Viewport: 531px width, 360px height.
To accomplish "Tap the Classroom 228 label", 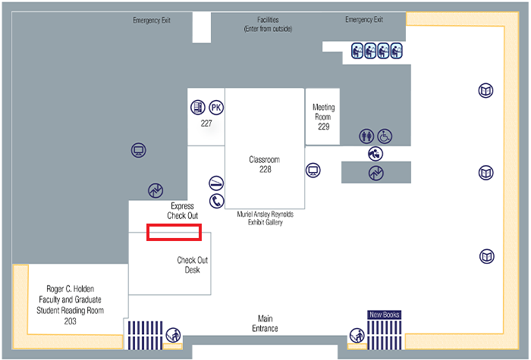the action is (x=265, y=164).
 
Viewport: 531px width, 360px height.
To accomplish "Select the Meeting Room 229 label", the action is (x=323, y=117).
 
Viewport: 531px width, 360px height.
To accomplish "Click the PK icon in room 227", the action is (x=216, y=108).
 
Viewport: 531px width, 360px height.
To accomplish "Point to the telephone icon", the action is (x=216, y=201).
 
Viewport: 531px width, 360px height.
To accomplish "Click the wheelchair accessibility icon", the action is (x=385, y=136).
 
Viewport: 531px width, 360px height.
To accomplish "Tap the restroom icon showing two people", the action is (x=366, y=136).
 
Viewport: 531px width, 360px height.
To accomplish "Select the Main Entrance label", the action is (x=265, y=324).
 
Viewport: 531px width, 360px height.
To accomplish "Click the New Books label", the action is (x=385, y=315).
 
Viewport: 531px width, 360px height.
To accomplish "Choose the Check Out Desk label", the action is (x=193, y=265).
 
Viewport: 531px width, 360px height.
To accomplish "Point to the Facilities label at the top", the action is (x=268, y=24).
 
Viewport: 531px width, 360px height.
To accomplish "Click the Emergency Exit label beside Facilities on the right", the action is (x=364, y=20).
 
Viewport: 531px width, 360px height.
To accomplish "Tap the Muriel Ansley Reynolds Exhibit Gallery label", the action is (x=265, y=218).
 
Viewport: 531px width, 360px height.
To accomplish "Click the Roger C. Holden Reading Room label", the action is (x=70, y=305).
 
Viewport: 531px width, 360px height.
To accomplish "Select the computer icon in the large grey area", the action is (x=139, y=150).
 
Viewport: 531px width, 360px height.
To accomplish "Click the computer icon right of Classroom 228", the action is (x=313, y=171).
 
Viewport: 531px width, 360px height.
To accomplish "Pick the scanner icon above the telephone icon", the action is (x=216, y=183).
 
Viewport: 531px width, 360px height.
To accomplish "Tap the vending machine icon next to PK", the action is (x=198, y=108).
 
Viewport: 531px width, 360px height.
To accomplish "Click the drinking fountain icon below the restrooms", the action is (x=375, y=154).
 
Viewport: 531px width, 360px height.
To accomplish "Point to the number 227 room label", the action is (x=206, y=124).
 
